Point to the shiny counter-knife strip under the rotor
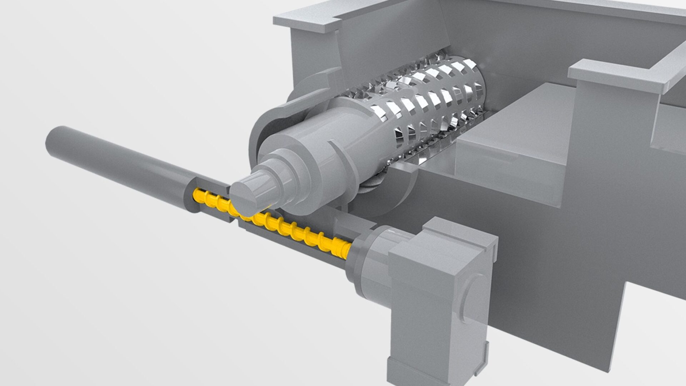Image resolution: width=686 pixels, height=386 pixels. click(x=429, y=154)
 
